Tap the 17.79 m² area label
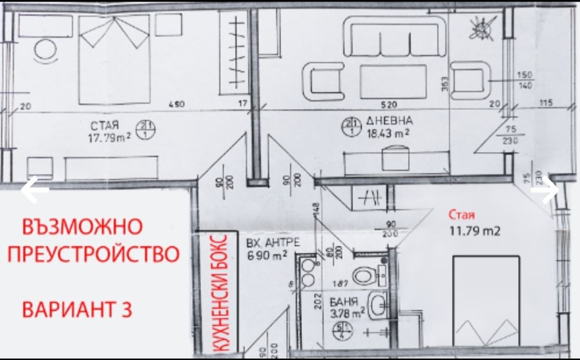pos(108,137)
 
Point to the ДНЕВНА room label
pos(390,121)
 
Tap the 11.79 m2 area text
pos(475,230)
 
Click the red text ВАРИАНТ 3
pos(77,309)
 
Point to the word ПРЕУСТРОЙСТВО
pos(97,254)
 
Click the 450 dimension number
pos(176,104)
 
